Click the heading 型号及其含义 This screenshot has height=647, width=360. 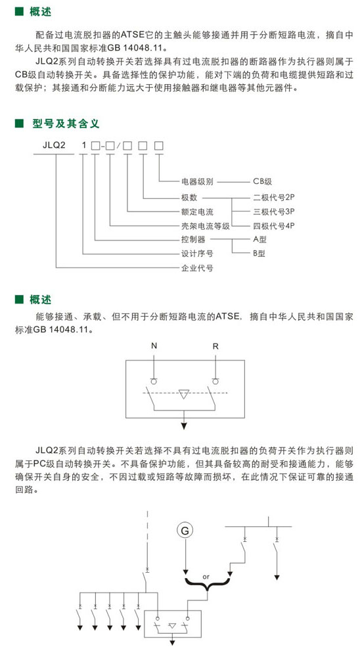66,123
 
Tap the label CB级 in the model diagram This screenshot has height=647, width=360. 263,181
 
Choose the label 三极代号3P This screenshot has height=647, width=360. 273,212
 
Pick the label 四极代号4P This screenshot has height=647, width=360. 273,226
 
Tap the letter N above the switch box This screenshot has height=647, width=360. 154,346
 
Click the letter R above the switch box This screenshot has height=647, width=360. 215,346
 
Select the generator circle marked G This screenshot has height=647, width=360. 185,531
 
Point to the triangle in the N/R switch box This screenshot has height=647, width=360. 184,394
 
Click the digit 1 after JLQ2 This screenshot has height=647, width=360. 84,145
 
